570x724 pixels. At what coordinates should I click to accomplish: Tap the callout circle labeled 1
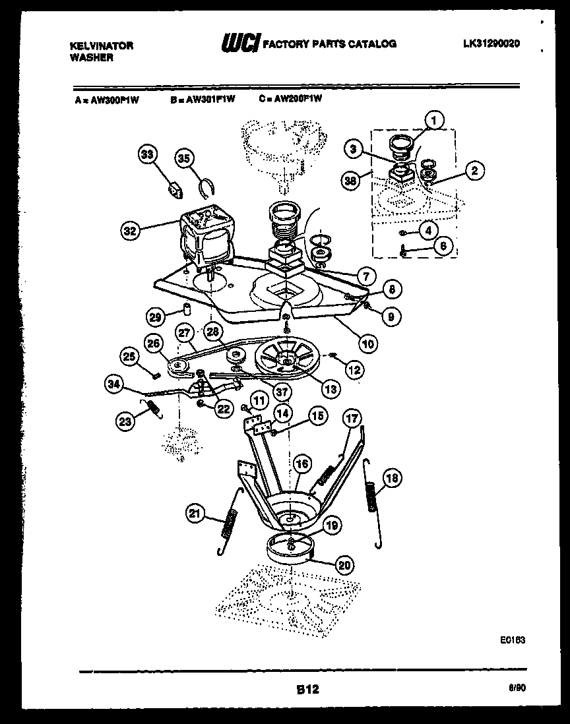(x=433, y=120)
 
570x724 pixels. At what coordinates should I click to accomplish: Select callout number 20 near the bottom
(x=344, y=564)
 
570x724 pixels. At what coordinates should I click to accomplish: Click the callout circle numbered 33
(x=148, y=156)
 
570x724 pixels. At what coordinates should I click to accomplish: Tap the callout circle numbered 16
(x=301, y=464)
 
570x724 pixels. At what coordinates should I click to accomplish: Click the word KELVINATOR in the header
(x=101, y=45)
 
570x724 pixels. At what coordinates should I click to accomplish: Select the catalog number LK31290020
(x=491, y=44)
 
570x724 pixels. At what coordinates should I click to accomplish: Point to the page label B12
(x=307, y=690)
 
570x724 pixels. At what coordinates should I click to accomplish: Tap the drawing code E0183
(x=512, y=640)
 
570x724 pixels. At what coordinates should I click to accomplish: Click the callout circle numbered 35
(x=184, y=158)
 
